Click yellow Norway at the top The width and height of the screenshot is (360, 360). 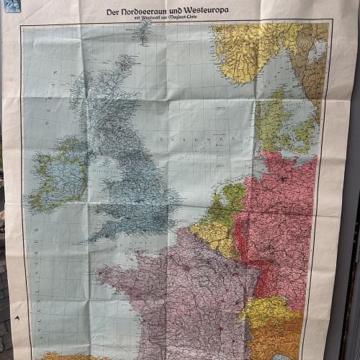(x=245, y=50)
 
